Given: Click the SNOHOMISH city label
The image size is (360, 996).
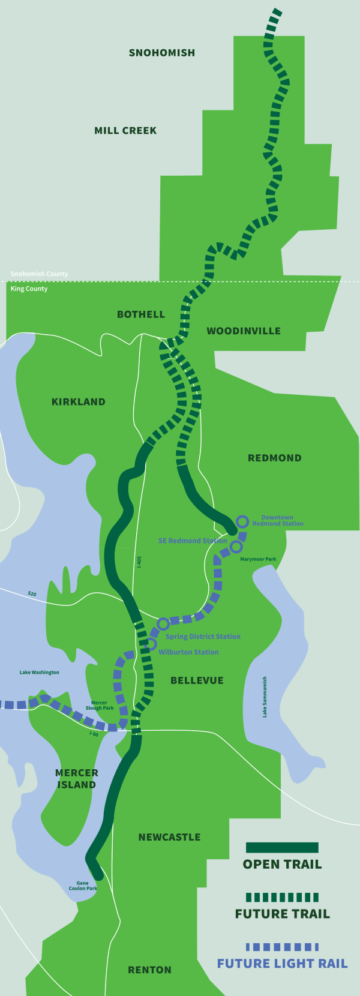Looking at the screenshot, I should pyautogui.click(x=162, y=53).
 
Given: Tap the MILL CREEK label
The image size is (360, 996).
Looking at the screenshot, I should pyautogui.click(x=125, y=130).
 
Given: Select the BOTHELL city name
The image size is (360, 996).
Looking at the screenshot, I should pyautogui.click(x=141, y=314).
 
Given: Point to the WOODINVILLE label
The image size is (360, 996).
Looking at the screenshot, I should pyautogui.click(x=244, y=331).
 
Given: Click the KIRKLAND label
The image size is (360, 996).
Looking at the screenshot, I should pyautogui.click(x=79, y=402).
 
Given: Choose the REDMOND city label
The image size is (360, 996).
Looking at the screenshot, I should pyautogui.click(x=275, y=458).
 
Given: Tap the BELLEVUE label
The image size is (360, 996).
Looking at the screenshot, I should pyautogui.click(x=197, y=680).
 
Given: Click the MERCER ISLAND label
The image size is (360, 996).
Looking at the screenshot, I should pyautogui.click(x=76, y=779).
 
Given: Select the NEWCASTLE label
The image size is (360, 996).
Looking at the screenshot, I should pyautogui.click(x=169, y=837).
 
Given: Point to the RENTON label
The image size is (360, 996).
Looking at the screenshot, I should pyautogui.click(x=149, y=970).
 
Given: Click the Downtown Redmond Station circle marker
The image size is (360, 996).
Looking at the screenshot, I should pyautogui.click(x=242, y=521).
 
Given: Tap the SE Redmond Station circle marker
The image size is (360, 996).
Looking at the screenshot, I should pyautogui.click(x=236, y=547).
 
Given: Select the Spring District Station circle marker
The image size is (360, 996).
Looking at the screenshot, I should pyautogui.click(x=163, y=624).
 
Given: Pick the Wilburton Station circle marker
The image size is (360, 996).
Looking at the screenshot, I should pyautogui.click(x=151, y=644).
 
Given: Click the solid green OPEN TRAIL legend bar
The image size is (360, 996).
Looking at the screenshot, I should pyautogui.click(x=282, y=847).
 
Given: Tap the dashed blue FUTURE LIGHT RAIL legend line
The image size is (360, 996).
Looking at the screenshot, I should pyautogui.click(x=282, y=946).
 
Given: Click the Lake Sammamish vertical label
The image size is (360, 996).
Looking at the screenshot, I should pyautogui.click(x=265, y=697).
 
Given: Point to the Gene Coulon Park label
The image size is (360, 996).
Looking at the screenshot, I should pyautogui.click(x=83, y=886).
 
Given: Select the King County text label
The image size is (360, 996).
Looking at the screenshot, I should pyautogui.click(x=29, y=289).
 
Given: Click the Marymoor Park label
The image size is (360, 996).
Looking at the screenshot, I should pyautogui.click(x=258, y=559).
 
